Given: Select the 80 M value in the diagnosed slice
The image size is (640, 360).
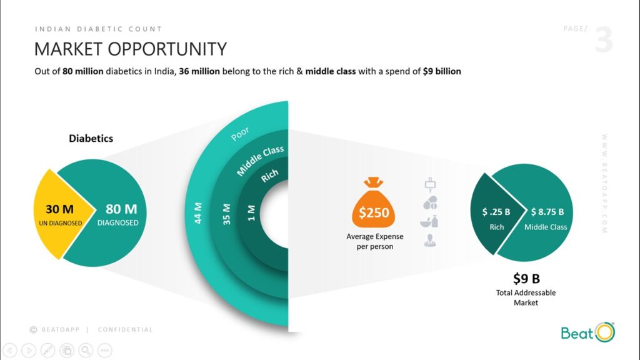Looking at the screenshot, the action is tap(121, 209).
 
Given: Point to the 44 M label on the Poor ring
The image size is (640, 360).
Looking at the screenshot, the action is tap(198, 212).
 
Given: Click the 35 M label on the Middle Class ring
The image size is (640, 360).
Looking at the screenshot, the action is tap(226, 214).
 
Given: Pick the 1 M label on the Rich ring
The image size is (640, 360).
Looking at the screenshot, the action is tap(251, 212).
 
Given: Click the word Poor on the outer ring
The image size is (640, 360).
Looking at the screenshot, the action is tap(240, 134).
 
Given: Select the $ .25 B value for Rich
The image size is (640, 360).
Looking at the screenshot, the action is tap(496, 212).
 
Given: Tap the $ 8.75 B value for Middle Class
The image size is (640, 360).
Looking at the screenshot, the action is tap(547, 212).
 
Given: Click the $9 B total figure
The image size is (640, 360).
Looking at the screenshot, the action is tap(526, 278).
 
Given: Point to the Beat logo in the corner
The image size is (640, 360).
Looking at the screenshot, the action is tap(587, 332).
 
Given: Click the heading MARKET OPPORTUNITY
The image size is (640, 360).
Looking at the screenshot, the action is tap(130, 49).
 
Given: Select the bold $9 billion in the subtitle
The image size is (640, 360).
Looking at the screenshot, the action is tap(442, 71).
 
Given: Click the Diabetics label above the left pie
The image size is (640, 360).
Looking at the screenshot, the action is tap(91, 138).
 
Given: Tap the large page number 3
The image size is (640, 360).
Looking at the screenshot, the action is tap(604, 39).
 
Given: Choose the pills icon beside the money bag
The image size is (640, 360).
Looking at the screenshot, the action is tap(430, 203).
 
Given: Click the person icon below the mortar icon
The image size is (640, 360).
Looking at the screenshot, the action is tap(430, 241).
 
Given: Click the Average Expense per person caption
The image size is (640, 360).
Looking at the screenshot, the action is tap(375, 241).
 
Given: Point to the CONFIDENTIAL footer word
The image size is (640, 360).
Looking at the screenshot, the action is tap(125, 330).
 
